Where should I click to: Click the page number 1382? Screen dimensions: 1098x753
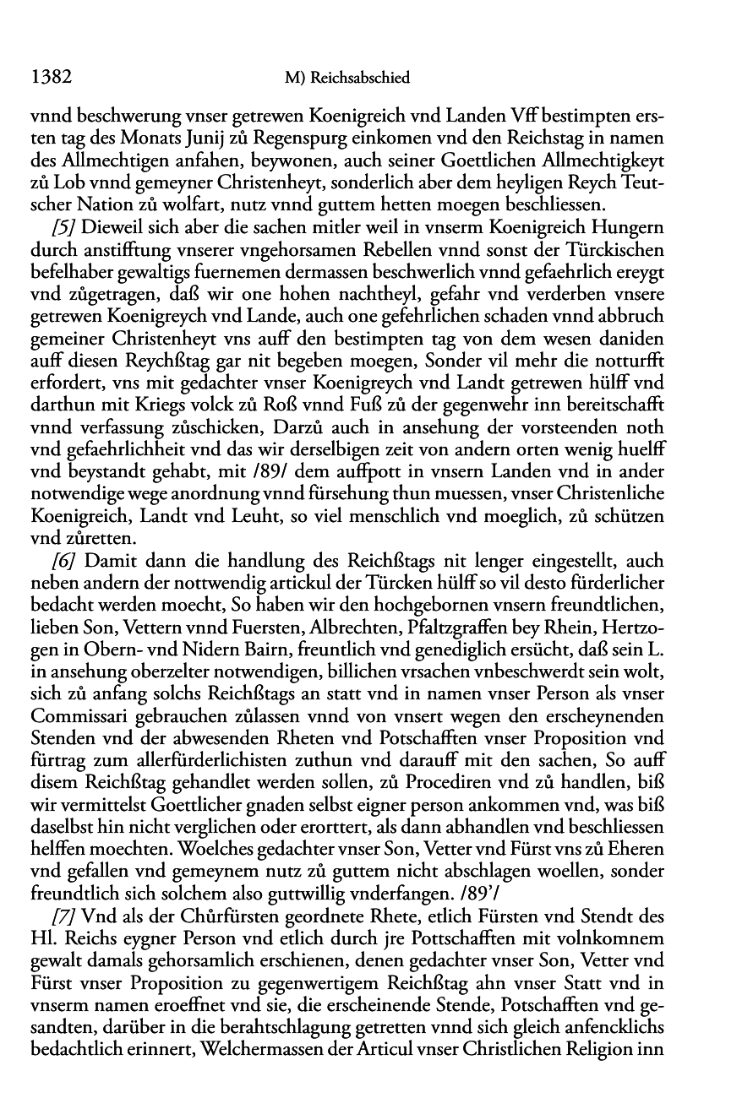pyautogui.click(x=49, y=78)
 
